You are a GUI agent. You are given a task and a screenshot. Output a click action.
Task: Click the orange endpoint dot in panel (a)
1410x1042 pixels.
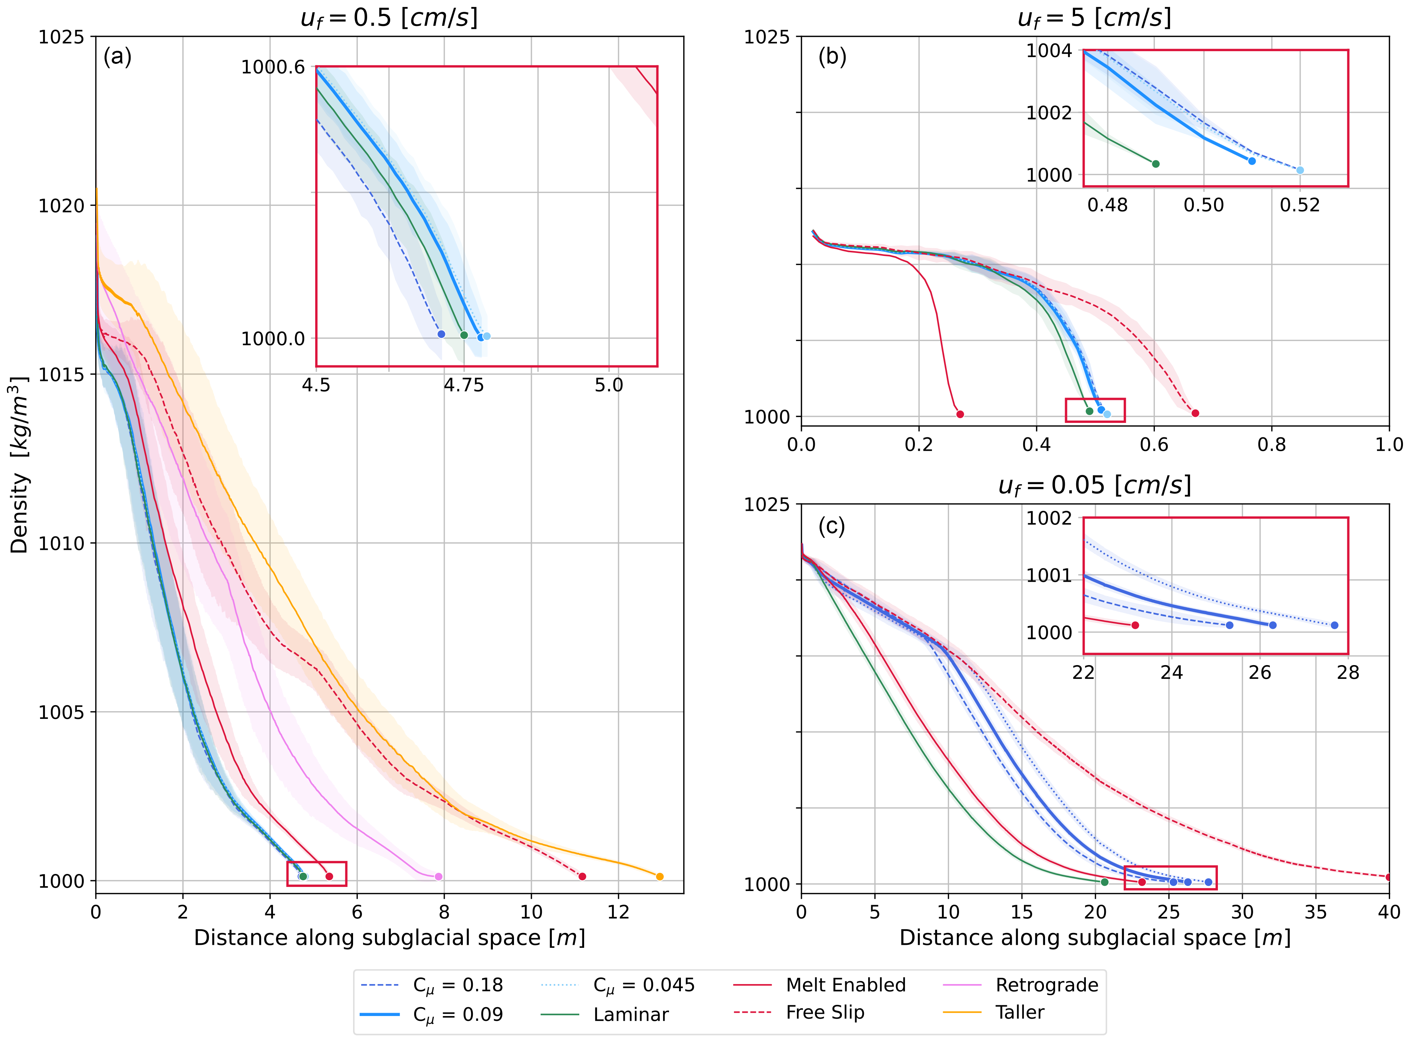pos(660,876)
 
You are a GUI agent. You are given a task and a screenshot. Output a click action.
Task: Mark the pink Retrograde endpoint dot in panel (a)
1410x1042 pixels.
pos(439,876)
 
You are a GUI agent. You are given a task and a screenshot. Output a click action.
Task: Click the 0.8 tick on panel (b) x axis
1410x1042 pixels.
pos(1271,445)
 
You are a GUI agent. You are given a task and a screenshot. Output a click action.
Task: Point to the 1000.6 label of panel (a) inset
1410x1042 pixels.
pos(273,68)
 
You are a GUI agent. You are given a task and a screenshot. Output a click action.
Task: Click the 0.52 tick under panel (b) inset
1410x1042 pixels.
pos(1299,205)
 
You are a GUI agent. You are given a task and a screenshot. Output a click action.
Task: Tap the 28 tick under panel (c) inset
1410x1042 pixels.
pos(1348,673)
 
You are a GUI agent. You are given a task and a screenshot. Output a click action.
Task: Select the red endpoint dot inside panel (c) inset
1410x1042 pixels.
pos(1136,625)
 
